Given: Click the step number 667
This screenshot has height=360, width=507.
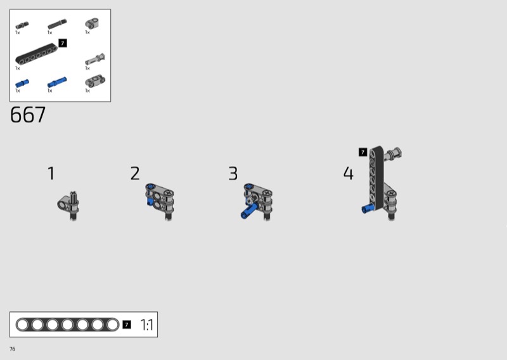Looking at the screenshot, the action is point(28,115).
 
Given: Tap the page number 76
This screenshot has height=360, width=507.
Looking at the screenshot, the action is point(12,349).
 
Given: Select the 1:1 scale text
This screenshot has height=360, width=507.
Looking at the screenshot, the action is point(147,325).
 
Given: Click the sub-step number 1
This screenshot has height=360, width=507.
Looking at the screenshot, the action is point(51,174).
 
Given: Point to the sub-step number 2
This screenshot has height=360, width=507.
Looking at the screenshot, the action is point(135,174).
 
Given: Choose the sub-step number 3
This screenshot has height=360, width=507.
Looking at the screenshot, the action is point(233,174).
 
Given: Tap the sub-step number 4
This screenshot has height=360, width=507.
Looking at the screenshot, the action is point(348,173).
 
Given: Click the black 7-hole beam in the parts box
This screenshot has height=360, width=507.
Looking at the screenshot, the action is point(36,55).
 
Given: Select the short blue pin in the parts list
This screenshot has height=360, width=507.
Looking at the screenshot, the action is point(22,83).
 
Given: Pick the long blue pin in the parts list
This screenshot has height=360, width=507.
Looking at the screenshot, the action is point(57,82).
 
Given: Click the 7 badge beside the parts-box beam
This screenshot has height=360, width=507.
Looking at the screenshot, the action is point(63,43).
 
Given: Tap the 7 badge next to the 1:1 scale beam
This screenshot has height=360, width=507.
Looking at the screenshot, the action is point(127,325).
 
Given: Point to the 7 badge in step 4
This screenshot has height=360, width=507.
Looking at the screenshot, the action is point(363,152).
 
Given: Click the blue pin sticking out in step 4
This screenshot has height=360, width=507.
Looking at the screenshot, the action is point(368,209).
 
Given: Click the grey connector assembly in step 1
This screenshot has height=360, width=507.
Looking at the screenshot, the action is point(68,205).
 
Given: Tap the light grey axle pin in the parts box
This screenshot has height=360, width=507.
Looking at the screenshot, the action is point(95,59).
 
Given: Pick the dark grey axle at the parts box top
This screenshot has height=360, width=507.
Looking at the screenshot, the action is point(57,24).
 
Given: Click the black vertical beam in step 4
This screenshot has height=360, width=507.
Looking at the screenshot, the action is point(376,177).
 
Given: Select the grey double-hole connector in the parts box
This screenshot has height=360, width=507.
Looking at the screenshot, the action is point(95,81).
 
